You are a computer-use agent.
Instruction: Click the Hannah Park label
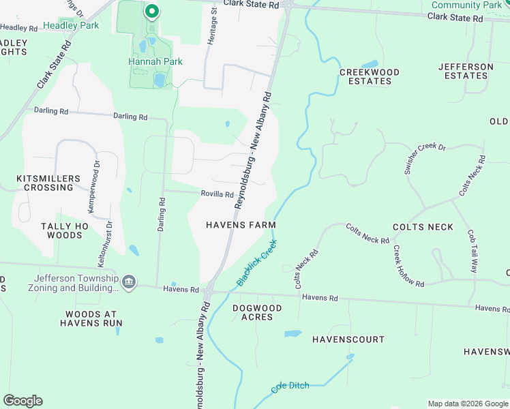point(155,61)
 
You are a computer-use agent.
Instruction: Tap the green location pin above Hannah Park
point(151,12)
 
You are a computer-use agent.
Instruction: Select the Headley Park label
point(71,26)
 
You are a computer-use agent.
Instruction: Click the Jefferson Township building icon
point(129,282)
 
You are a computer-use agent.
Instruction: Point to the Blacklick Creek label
point(257,262)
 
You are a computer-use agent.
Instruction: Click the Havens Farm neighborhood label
point(241,225)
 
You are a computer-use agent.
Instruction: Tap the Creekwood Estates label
point(370,76)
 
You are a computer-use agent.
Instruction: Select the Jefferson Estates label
point(466,71)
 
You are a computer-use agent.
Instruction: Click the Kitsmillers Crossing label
point(44,183)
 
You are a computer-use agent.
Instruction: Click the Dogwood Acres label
point(256,313)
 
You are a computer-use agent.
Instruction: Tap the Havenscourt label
point(348,339)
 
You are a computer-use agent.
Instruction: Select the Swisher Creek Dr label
point(424,159)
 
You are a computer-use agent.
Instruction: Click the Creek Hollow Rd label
point(408,267)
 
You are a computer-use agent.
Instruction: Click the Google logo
point(22,401)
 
